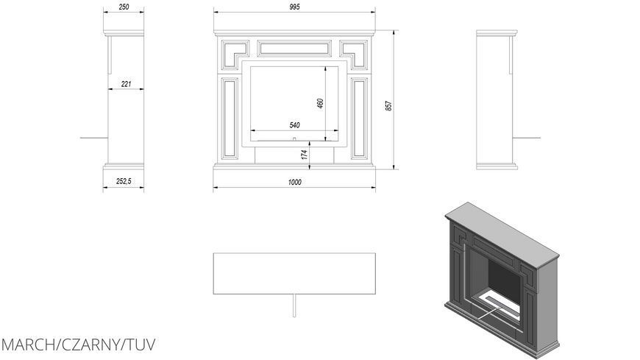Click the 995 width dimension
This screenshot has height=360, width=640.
point(294,7)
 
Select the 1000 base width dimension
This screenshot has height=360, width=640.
point(294,183)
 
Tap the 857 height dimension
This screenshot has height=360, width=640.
point(388,106)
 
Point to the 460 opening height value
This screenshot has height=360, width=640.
point(320,103)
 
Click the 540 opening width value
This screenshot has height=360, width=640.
point(294,125)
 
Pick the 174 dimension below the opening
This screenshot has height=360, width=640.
point(305,154)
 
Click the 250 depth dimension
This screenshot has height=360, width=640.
point(124,7)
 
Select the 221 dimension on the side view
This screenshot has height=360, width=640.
point(126,84)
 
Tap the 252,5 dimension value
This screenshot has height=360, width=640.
point(124,181)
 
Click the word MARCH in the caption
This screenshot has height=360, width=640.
point(30,345)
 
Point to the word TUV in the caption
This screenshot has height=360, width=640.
point(140,345)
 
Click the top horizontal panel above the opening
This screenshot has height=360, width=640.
point(294,48)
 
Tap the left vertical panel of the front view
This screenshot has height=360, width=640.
point(230,118)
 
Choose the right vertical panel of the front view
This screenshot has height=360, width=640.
point(359,118)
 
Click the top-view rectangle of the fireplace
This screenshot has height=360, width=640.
point(294,273)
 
